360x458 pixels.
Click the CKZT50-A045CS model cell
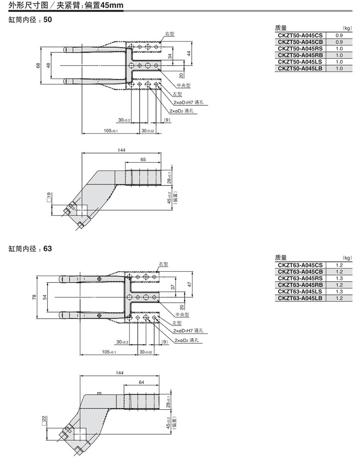click(x=300, y=35)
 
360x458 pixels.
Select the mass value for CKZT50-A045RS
click(x=339, y=48)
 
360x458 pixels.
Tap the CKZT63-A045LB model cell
click(x=300, y=298)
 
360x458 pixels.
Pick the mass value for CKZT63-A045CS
click(x=339, y=265)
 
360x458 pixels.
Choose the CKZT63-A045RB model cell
click(x=300, y=285)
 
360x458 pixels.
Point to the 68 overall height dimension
click(x=38, y=66)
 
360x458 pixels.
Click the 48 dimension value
click(x=48, y=66)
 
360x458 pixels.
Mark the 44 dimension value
click(x=189, y=53)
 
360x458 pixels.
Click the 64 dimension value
click(x=140, y=382)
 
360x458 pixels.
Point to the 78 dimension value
click(x=34, y=297)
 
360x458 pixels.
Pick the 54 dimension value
click(x=45, y=297)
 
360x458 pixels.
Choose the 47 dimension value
click(x=189, y=284)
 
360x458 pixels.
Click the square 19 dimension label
click(x=49, y=197)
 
